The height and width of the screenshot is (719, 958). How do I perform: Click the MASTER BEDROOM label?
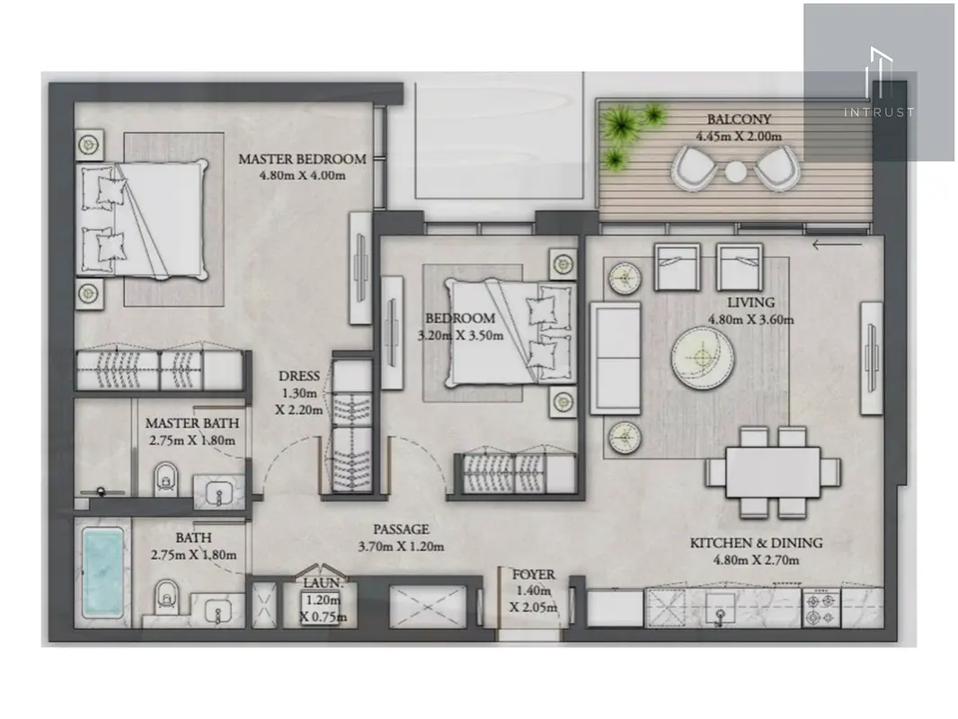[x=303, y=159]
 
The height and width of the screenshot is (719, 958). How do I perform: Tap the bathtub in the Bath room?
[x=102, y=574]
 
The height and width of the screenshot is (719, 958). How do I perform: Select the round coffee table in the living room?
[x=703, y=359]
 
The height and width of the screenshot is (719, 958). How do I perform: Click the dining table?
[x=773, y=472]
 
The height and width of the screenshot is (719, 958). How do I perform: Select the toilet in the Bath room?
[x=165, y=596]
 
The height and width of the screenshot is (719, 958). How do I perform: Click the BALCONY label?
[x=739, y=120]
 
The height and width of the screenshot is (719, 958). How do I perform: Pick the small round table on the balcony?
[x=736, y=172]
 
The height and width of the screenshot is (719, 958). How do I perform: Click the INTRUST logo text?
[x=879, y=112]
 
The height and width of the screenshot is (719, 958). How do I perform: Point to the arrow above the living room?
[x=837, y=245]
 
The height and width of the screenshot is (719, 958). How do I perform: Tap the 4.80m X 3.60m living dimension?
[x=751, y=319]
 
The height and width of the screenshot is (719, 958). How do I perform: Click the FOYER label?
[x=534, y=575]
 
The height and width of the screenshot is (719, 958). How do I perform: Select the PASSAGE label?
[x=402, y=529]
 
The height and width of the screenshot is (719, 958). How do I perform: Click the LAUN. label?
[x=324, y=583]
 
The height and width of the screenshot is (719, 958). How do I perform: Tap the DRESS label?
[x=299, y=377]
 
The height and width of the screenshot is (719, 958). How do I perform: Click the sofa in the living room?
[x=616, y=359]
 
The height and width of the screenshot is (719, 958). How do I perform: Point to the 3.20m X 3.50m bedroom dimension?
[x=461, y=335]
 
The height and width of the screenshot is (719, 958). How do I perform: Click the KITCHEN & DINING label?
[x=757, y=543]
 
